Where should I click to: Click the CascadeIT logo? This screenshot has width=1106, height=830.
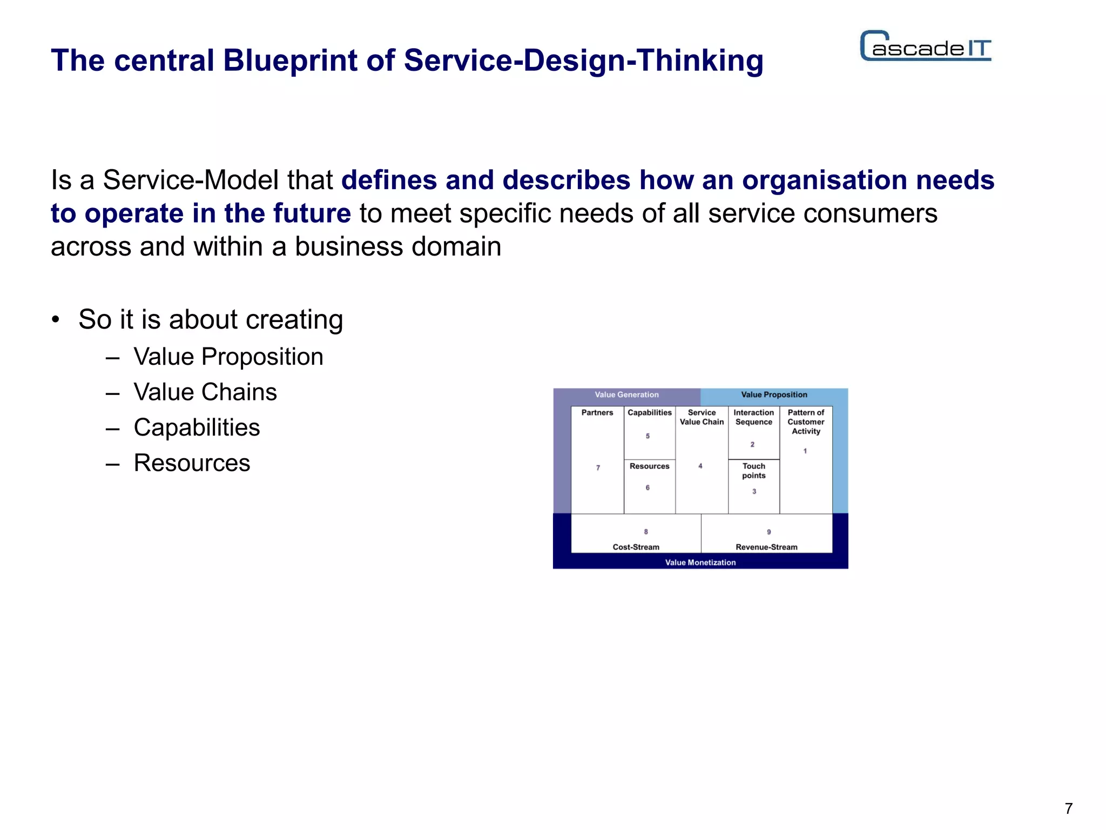[925, 46]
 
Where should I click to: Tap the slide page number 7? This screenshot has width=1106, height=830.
[1068, 808]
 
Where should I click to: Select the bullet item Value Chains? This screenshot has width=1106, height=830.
[205, 392]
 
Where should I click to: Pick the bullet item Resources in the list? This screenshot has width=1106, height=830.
[192, 463]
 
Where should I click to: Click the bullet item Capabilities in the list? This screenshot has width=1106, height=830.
[197, 427]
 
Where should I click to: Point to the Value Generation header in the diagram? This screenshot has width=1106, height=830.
[626, 395]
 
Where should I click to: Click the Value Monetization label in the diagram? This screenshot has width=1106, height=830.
[700, 563]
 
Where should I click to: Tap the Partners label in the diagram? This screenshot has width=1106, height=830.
[597, 413]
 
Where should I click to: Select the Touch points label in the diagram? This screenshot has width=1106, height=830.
[753, 471]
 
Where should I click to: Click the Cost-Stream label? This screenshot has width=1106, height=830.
[636, 547]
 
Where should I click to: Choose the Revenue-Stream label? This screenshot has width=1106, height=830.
[766, 547]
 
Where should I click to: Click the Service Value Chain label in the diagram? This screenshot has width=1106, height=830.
[702, 417]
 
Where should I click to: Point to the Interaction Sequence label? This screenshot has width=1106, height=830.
[753, 417]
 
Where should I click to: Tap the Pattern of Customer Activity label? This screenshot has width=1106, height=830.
[806, 422]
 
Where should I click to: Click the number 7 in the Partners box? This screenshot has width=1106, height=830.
[598, 468]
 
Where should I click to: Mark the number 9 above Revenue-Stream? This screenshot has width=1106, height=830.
[768, 532]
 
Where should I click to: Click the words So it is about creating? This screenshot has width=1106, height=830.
[211, 319]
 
